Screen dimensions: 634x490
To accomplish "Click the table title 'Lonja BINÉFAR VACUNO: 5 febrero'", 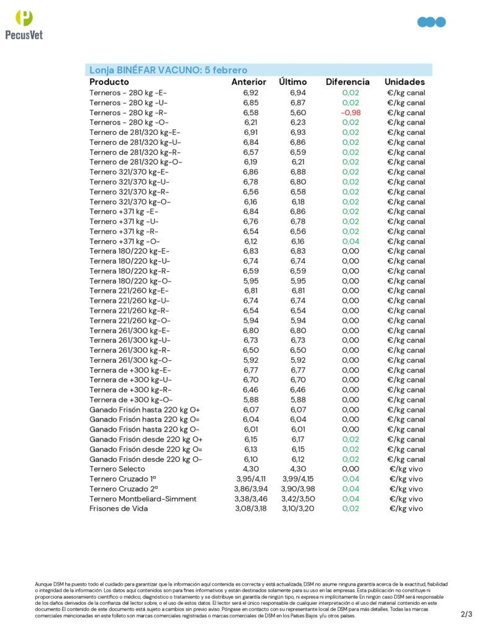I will point(168,70).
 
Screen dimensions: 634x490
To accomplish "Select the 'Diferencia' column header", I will point(348,82).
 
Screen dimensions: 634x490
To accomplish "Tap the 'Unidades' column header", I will point(405,82).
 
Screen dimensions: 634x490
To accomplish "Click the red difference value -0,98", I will point(351,113).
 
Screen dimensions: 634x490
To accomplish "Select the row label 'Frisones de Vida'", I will point(118,509).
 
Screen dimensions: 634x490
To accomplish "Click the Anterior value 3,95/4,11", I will point(250,479).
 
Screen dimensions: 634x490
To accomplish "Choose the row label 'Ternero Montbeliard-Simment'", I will point(142,499).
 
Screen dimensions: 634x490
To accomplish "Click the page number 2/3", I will point(466,614).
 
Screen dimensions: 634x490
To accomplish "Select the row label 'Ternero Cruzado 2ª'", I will point(122,489).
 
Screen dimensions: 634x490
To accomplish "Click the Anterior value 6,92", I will point(250,93).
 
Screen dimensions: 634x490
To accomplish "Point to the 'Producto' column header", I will point(109,82).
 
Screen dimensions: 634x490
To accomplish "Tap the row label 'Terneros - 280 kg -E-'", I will point(128,93).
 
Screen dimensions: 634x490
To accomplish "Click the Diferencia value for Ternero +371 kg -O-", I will point(351,241).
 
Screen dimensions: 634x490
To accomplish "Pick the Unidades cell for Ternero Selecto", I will point(406,469).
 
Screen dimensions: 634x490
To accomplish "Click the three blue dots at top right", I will point(432,22).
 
